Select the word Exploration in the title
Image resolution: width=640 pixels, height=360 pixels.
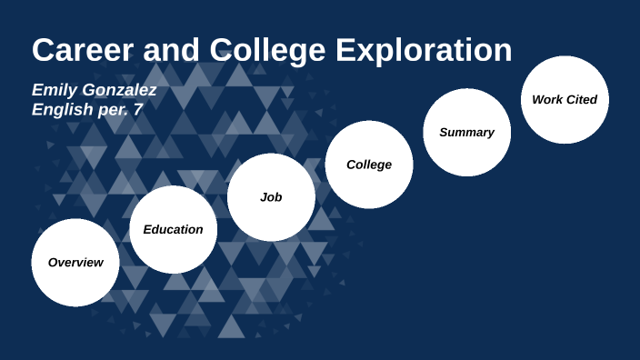pyautogui.click(x=424, y=50)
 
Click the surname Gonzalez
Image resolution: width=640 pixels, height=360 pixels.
pyautogui.click(x=121, y=90)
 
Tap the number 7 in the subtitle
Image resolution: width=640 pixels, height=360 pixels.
pyautogui.click(x=139, y=109)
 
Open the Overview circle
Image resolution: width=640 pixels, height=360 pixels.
pyautogui.click(x=75, y=262)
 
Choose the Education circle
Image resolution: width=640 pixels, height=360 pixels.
pyautogui.click(x=173, y=229)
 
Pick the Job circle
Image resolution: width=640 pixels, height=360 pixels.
pyautogui.click(x=271, y=196)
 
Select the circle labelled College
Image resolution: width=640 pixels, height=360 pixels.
pyautogui.click(x=369, y=165)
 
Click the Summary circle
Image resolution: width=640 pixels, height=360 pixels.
pyautogui.click(x=466, y=132)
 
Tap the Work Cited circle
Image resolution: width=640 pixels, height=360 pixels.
pyautogui.click(x=565, y=99)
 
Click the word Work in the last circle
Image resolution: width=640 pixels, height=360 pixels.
pyautogui.click(x=547, y=99)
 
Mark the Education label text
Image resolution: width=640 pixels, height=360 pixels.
pyautogui.click(x=173, y=229)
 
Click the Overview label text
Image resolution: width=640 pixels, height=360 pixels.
pyautogui.click(x=75, y=262)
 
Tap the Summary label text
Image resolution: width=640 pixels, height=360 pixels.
pyautogui.click(x=466, y=132)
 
